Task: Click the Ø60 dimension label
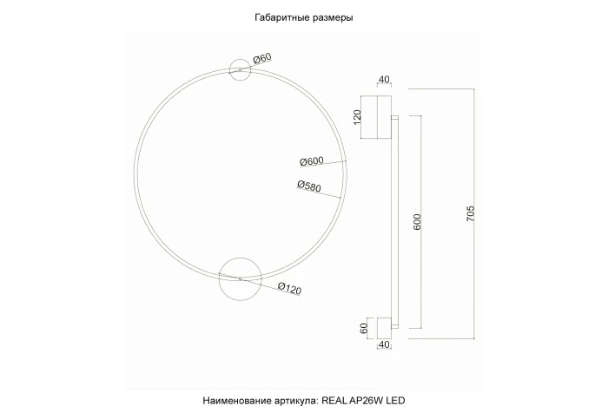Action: click(262, 59)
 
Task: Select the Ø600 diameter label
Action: click(311, 160)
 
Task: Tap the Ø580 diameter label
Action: click(309, 185)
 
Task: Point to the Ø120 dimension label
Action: click(289, 290)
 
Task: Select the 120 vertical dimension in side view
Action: click(355, 116)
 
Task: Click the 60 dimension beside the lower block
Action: click(355, 328)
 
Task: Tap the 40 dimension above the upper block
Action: click(383, 80)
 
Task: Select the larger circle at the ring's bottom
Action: click(239, 279)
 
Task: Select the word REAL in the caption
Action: click(335, 401)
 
